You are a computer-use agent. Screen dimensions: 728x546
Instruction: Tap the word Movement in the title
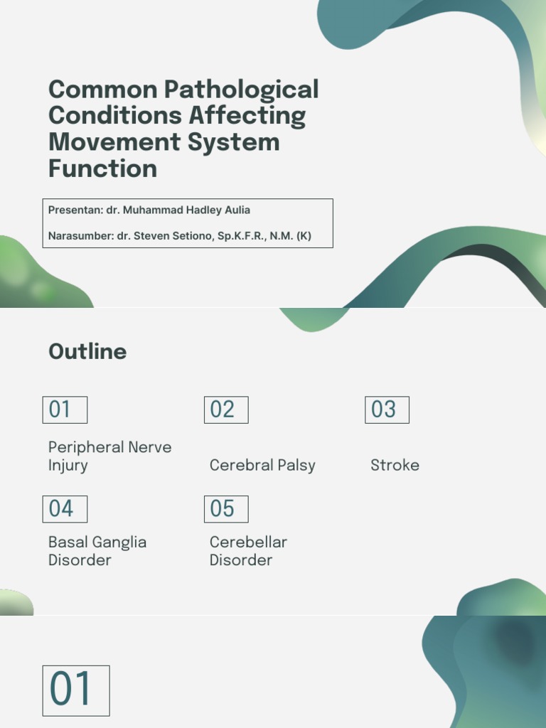114,142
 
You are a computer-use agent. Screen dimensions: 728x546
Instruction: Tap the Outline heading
87,351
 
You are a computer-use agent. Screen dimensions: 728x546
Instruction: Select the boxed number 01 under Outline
65,409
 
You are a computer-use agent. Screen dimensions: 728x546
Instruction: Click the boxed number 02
226,409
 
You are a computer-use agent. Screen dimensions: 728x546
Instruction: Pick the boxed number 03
387,409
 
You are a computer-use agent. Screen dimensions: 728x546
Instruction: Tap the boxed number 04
65,509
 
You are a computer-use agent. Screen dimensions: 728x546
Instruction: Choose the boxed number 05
226,509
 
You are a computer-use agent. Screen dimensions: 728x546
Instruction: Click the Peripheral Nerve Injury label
109,456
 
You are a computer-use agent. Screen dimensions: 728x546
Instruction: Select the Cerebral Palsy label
262,466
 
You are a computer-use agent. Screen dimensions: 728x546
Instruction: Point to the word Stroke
395,466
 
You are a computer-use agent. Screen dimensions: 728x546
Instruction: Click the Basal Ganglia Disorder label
97,551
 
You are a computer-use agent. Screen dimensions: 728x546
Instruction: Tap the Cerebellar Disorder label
248,551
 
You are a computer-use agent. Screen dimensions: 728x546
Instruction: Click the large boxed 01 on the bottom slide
76,690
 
